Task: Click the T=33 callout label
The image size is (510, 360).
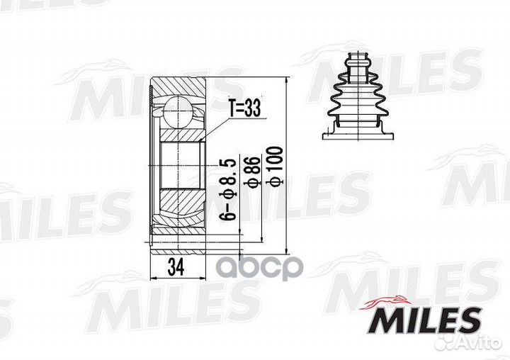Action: coord(245,108)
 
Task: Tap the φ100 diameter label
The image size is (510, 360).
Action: coord(274,167)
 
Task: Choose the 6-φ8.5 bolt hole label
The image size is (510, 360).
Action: coord(228,189)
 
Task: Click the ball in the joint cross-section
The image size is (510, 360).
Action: coord(178,111)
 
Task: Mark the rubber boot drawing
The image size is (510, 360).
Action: coord(358,96)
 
